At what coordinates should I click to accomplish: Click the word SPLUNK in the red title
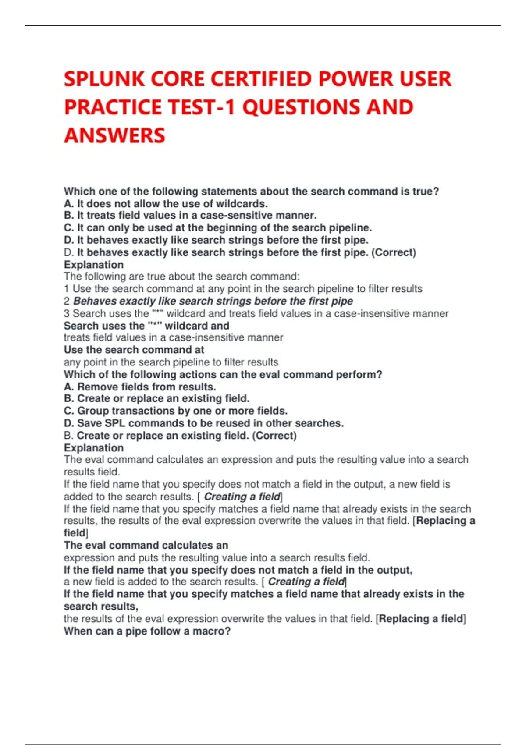tap(104, 79)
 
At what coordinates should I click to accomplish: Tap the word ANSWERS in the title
tap(114, 135)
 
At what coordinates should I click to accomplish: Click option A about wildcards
tap(166, 204)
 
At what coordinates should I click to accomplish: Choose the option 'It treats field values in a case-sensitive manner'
tap(190, 216)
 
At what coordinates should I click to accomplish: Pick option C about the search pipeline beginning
tap(218, 228)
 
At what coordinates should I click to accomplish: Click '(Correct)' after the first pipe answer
tap(394, 252)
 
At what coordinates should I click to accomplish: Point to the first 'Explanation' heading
tap(94, 265)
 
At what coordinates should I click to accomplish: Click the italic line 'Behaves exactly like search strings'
tap(213, 301)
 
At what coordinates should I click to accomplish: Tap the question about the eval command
tap(223, 375)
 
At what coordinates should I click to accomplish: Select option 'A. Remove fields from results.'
tap(140, 387)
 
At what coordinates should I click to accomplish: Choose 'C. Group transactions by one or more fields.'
tap(176, 411)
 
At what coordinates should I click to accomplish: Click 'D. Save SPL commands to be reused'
tap(204, 423)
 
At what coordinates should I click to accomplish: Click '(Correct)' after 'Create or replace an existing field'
tap(274, 436)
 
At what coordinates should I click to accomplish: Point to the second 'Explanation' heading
tap(94, 448)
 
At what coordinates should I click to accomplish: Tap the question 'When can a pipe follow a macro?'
tap(147, 631)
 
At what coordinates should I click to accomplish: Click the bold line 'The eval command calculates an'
tap(146, 545)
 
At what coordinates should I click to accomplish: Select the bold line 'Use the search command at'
tap(134, 350)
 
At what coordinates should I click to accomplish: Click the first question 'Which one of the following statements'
tap(251, 192)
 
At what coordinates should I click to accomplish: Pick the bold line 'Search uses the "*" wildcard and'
tap(146, 326)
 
